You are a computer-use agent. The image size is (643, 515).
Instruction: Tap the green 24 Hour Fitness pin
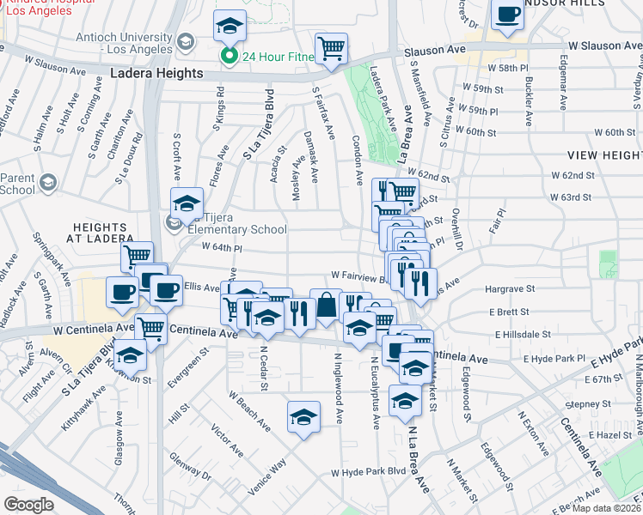click(x=229, y=58)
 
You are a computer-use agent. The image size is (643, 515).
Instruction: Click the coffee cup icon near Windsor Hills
click(x=508, y=15)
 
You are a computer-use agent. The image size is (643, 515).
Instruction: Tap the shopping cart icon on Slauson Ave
click(x=331, y=48)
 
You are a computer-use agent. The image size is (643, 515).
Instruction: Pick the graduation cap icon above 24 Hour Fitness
click(x=230, y=26)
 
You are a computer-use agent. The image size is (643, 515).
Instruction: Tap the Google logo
click(x=28, y=505)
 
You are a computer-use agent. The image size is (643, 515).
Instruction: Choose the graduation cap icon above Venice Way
click(x=303, y=417)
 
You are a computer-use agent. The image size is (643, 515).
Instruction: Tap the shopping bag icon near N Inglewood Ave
click(x=327, y=306)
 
